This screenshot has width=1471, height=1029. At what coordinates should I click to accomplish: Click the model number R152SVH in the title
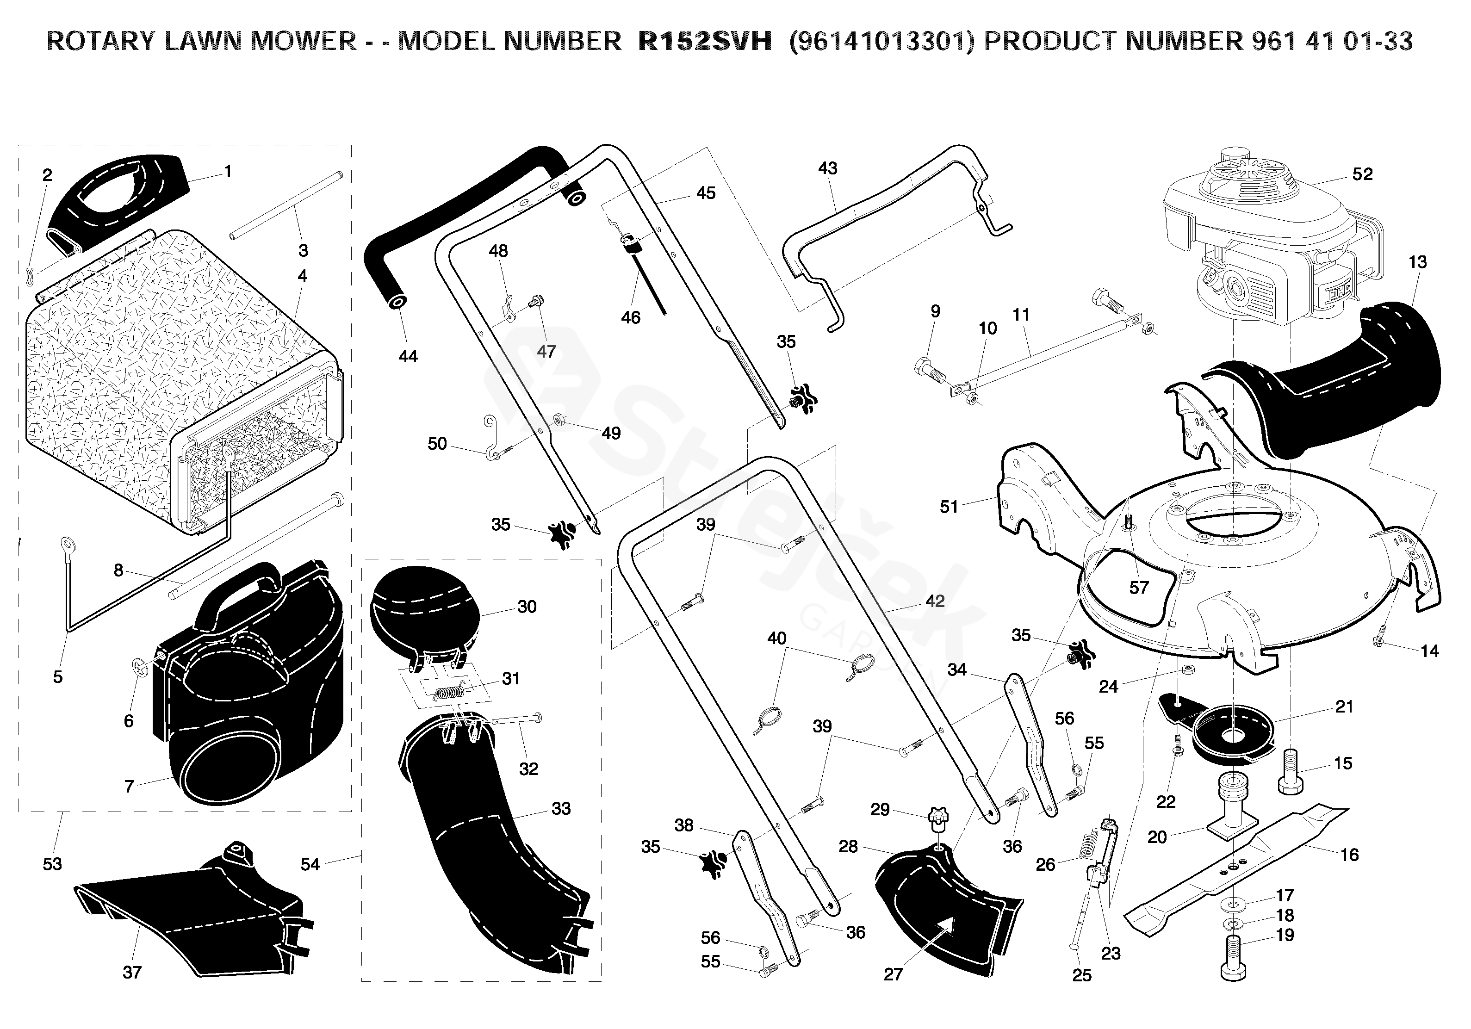(705, 42)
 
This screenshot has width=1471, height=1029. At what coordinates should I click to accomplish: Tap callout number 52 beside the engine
(1362, 174)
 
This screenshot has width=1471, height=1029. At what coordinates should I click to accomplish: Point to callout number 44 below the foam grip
(408, 356)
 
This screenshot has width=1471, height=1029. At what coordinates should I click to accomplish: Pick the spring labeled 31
(453, 693)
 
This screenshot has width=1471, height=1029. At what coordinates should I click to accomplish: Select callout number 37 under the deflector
(131, 972)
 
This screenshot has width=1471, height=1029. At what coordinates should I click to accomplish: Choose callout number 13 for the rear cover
(1417, 261)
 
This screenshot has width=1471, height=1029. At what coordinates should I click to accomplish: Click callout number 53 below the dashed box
(52, 864)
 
